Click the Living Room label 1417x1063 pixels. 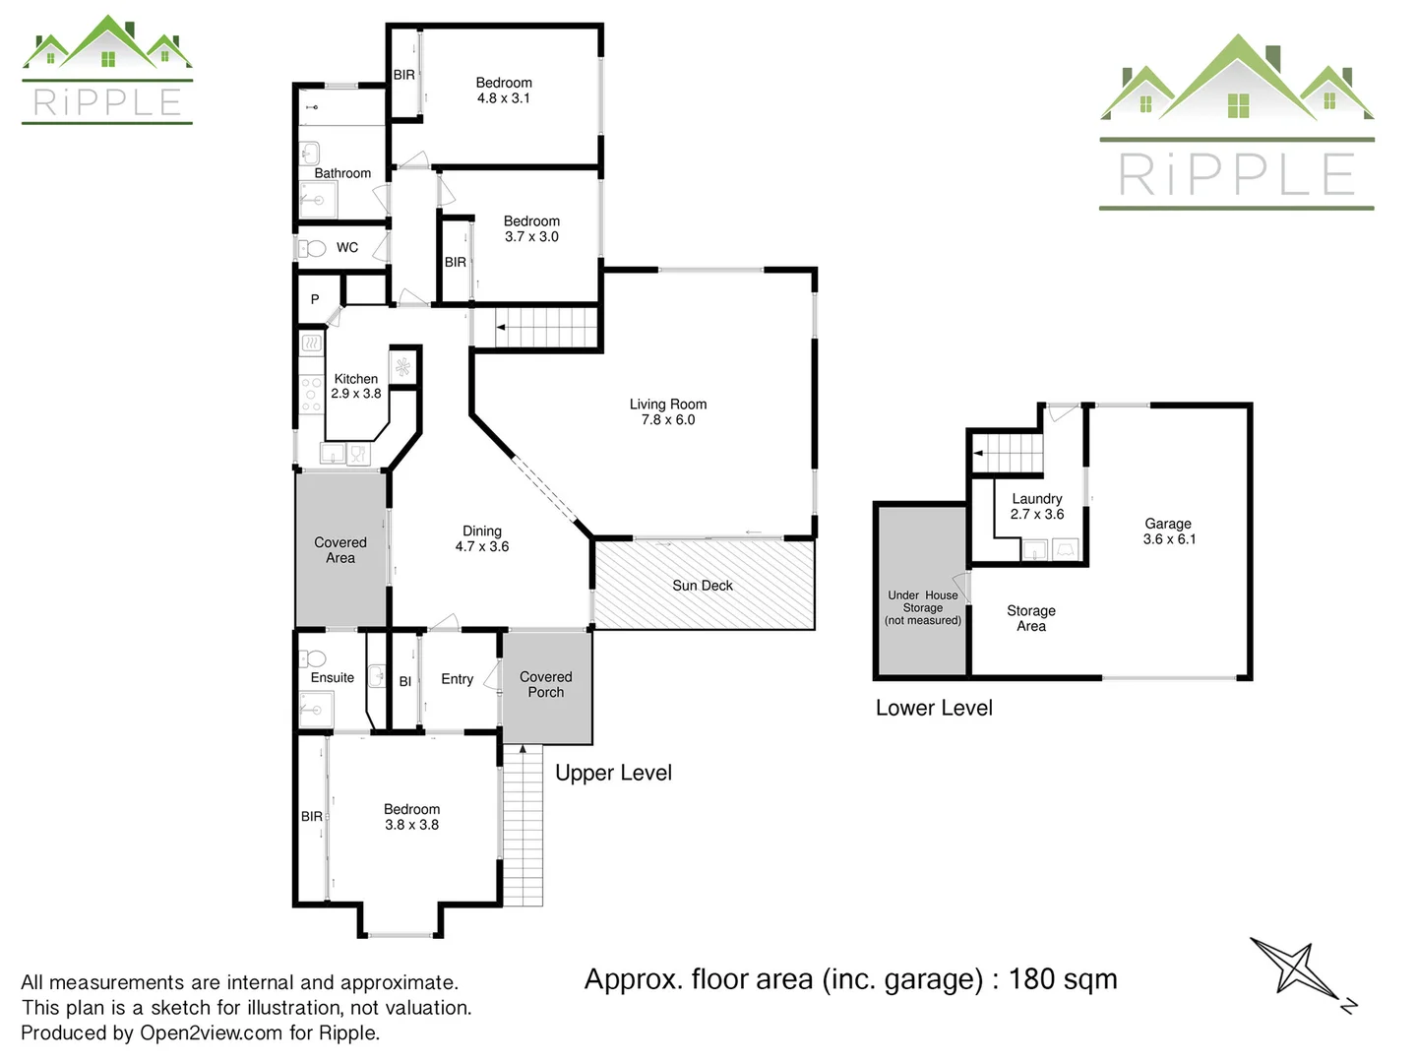click(x=668, y=411)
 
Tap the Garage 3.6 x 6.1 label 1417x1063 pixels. click(x=1169, y=531)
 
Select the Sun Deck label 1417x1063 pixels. click(x=703, y=586)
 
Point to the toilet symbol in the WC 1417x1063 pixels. click(x=312, y=248)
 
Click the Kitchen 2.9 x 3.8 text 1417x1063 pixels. click(x=356, y=386)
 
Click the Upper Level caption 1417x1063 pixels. click(x=613, y=774)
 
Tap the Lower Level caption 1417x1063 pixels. click(x=934, y=709)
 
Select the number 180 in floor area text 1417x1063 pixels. click(x=1032, y=979)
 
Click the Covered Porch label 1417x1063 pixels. click(x=546, y=684)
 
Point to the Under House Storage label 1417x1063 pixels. click(x=923, y=607)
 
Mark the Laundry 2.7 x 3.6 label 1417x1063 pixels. click(x=1037, y=506)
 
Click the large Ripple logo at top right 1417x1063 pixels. click(x=1237, y=123)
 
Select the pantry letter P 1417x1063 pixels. click(x=315, y=299)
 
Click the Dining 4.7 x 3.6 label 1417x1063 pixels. click(x=482, y=538)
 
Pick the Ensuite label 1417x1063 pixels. click(x=333, y=678)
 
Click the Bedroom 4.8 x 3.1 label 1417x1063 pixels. click(x=504, y=91)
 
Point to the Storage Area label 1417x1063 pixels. click(x=1031, y=618)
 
